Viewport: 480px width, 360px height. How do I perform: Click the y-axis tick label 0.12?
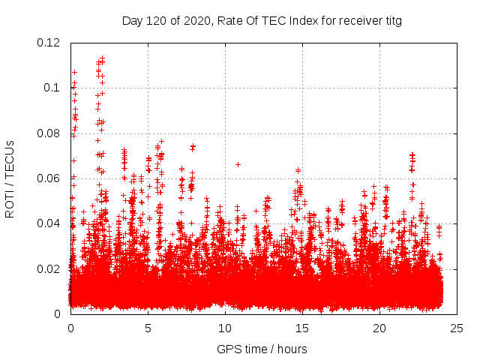49,43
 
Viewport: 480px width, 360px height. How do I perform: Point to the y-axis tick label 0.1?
53,88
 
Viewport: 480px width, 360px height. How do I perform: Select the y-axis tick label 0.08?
49,133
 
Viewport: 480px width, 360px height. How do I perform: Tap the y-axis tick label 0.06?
49,178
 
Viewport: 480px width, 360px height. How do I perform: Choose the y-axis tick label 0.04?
49,223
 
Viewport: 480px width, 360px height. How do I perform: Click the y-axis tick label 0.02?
49,268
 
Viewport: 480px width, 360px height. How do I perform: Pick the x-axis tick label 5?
148,328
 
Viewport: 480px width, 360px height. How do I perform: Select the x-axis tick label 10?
225,328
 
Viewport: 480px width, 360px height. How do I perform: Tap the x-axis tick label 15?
302,328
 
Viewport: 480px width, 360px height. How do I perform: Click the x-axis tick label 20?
379,328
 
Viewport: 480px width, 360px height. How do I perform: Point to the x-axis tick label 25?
457,328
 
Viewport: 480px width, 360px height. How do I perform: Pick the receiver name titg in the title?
391,21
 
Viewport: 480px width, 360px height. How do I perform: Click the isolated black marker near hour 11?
238,164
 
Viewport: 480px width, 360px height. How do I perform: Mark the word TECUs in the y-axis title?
10,158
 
